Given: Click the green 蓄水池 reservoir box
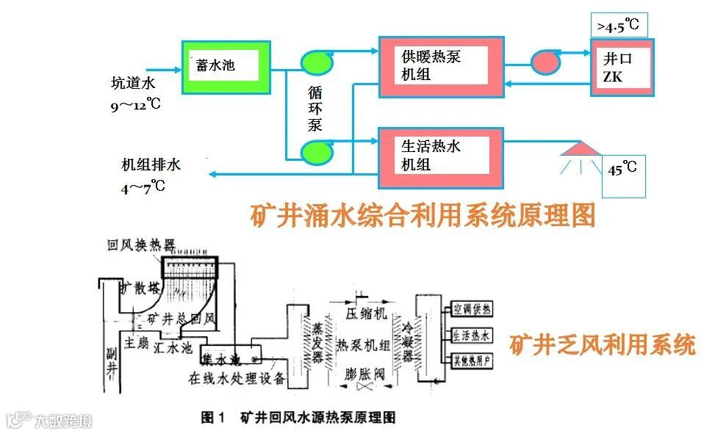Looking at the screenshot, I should point(226,67).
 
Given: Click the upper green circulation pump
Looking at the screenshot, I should point(317,62).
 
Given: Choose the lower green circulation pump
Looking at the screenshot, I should point(317,152).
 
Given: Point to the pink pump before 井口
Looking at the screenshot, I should point(546,62).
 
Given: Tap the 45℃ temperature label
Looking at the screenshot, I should point(623,170).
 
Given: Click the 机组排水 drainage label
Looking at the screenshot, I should point(151,164).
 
